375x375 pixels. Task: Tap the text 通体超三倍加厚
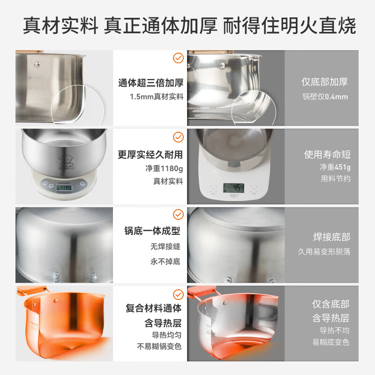point(150,83)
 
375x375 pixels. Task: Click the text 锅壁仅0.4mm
point(325,97)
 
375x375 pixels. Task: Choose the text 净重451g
point(335,167)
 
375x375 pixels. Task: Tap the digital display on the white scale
point(233,188)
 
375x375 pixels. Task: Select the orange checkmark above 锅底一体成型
point(178,215)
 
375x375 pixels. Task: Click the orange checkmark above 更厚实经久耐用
point(178,137)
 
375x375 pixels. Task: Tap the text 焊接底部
point(331,237)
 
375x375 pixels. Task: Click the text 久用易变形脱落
point(324,252)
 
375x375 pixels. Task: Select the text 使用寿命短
point(327,155)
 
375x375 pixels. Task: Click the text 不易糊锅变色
point(159,347)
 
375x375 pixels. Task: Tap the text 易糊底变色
point(330,342)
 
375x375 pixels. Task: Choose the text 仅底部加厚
point(324,82)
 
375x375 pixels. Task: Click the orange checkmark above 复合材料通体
point(178,294)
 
